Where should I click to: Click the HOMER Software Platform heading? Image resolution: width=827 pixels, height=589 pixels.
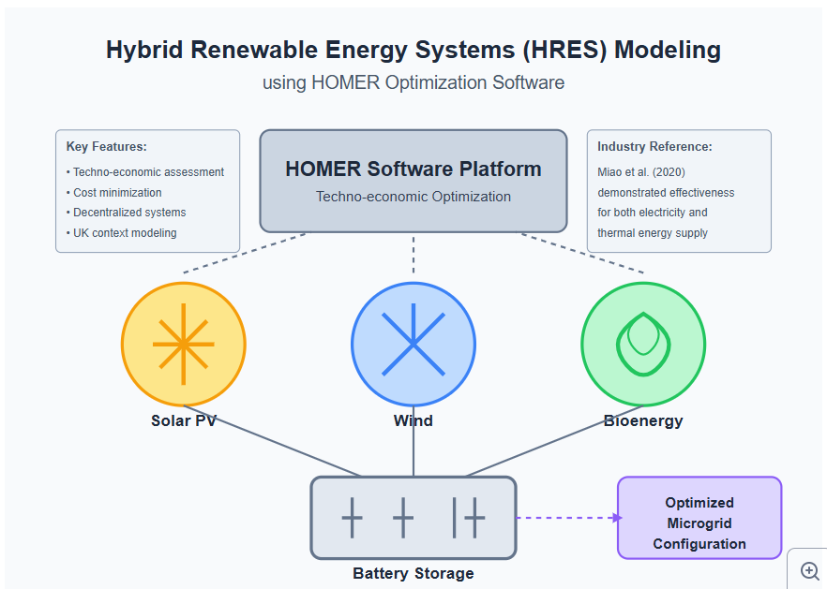tap(413, 169)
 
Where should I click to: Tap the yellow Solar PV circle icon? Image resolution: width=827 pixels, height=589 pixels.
tap(184, 344)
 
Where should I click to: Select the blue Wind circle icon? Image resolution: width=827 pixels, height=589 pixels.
tap(413, 344)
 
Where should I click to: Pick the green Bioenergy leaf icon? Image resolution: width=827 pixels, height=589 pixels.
tap(643, 344)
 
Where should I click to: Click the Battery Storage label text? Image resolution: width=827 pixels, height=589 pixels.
tap(413, 573)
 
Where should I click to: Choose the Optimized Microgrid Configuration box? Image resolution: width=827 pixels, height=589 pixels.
tap(699, 518)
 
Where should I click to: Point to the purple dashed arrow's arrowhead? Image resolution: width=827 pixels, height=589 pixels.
tap(618, 518)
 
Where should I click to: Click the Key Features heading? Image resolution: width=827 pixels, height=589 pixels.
tap(107, 146)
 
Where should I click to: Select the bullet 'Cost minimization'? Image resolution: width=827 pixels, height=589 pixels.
tap(114, 192)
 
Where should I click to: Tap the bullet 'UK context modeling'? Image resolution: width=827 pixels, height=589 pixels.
tap(121, 233)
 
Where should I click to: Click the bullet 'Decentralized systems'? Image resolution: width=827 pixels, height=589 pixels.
tap(126, 213)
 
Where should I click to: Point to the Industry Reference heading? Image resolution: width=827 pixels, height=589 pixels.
tap(654, 146)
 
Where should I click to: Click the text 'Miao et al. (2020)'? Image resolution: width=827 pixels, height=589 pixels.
tap(641, 172)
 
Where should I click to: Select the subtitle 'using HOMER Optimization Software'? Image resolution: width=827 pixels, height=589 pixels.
tap(413, 82)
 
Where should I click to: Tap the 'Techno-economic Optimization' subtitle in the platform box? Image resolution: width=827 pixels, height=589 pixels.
tap(413, 197)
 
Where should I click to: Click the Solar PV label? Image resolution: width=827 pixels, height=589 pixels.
tap(184, 420)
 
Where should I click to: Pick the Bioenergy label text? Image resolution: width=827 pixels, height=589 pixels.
tap(643, 421)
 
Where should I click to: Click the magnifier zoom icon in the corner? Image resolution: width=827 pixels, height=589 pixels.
tap(809, 571)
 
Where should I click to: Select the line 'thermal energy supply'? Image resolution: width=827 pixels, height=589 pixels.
tap(653, 233)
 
